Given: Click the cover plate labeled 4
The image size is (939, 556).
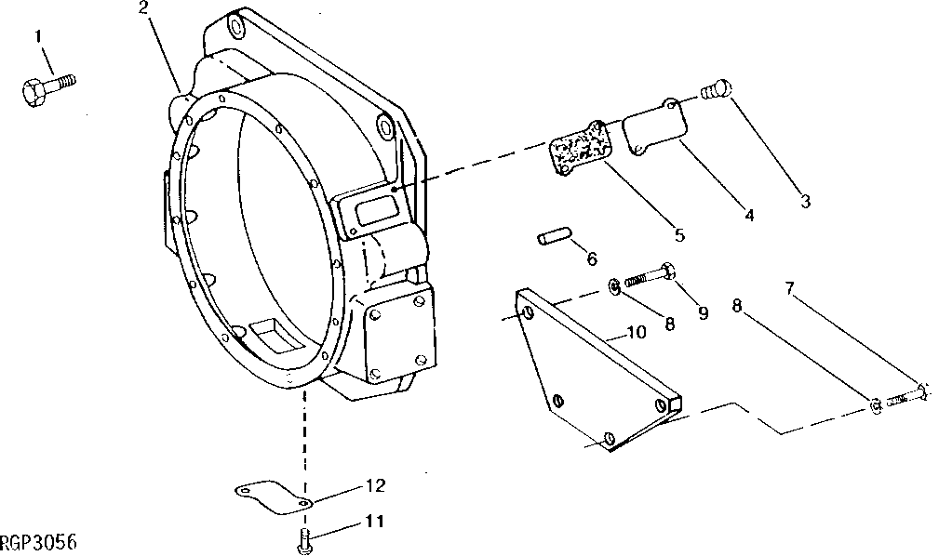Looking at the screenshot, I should point(654,131).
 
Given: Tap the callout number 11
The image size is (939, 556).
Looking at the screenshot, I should point(372,523).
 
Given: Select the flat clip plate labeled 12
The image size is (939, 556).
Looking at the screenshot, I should point(268,496).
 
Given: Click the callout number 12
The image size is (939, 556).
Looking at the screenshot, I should point(374,485).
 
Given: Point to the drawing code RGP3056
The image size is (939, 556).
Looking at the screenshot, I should point(38,541).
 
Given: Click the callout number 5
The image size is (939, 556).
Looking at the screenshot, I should point(679,236).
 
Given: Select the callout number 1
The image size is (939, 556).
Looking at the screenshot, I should point(39,36).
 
